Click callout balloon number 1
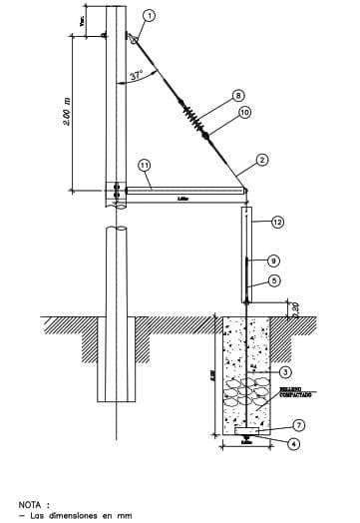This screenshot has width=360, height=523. pyautogui.click(x=150, y=15)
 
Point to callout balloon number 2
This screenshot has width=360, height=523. pyautogui.click(x=262, y=159)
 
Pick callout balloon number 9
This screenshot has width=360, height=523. pyautogui.click(x=273, y=260)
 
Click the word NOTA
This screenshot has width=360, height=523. pyautogui.click(x=33, y=504)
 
